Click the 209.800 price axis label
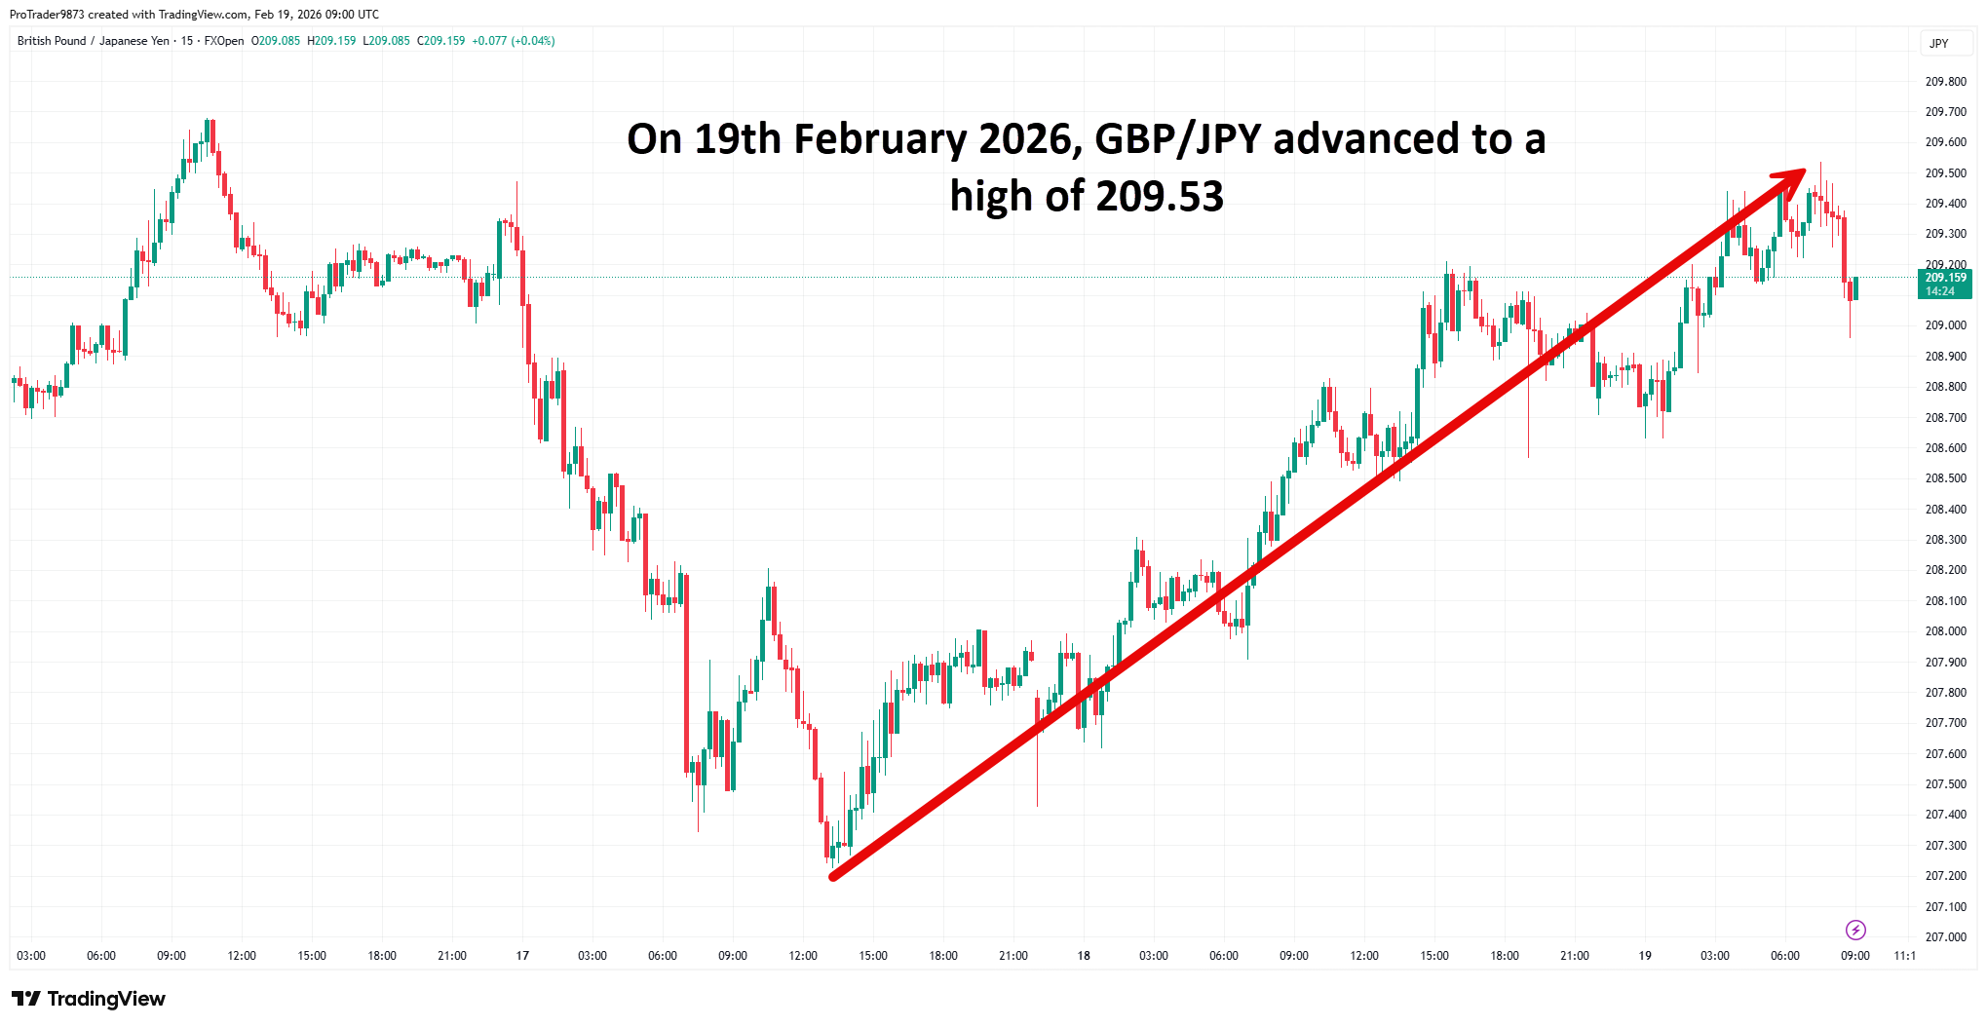click(x=1945, y=82)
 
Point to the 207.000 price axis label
click(x=1945, y=937)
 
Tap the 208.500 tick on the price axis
click(x=1945, y=478)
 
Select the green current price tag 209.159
click(x=1945, y=284)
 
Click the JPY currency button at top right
click(x=1938, y=44)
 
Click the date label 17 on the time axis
click(x=522, y=956)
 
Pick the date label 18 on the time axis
click(x=1084, y=956)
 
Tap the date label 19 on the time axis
click(x=1645, y=956)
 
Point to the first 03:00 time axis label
click(x=31, y=956)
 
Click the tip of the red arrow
click(x=1803, y=171)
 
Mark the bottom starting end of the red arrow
click(x=833, y=877)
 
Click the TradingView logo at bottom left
click(x=89, y=999)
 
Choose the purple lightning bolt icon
click(x=1855, y=930)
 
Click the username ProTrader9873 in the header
click(x=47, y=15)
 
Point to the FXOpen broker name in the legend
click(x=224, y=41)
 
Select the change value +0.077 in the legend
click(x=489, y=41)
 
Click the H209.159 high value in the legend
click(x=331, y=41)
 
